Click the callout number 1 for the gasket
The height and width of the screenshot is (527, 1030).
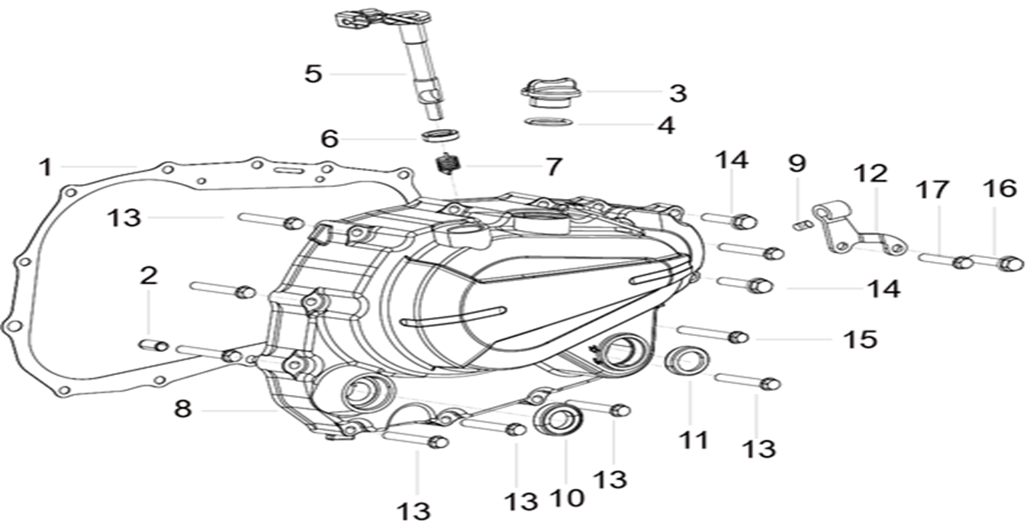(x=46, y=166)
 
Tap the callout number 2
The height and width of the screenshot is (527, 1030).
(x=148, y=276)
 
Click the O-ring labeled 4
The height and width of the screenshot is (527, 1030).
(x=549, y=122)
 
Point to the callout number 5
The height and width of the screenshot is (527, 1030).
(x=314, y=74)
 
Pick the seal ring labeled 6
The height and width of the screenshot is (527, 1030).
(x=441, y=136)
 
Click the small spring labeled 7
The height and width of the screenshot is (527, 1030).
(x=447, y=163)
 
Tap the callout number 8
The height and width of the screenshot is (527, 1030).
(x=182, y=409)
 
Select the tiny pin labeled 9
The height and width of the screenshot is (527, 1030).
(x=800, y=225)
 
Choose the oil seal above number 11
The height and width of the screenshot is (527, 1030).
(x=687, y=360)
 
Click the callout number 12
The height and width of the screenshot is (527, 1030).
(x=871, y=173)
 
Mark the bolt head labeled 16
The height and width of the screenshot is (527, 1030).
(x=1011, y=263)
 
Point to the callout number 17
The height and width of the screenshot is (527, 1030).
(x=932, y=189)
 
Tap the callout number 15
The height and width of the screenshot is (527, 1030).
(x=860, y=338)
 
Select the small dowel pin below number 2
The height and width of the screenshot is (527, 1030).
(x=153, y=345)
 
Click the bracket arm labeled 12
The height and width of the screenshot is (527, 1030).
(x=855, y=229)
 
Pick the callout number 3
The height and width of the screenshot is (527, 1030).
(x=678, y=94)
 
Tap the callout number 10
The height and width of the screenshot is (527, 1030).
(x=566, y=498)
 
